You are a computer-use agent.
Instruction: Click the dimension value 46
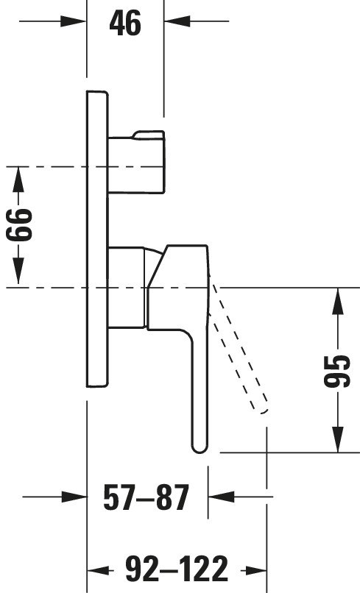pos(125,23)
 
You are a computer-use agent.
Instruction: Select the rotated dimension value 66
pos(19,224)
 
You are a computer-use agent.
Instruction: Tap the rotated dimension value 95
pos(337,371)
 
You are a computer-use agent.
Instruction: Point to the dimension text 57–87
pos(146,497)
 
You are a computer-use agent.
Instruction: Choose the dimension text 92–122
pos(177,569)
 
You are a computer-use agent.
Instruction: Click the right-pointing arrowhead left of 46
pos(74,21)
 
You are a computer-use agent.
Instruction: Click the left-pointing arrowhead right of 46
pos(177,21)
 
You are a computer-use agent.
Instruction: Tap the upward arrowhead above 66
pos(18,180)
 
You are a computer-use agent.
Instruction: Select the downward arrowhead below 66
pos(18,271)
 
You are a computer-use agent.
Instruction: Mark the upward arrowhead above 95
pos(338,301)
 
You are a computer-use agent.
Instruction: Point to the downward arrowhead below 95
pos(338,439)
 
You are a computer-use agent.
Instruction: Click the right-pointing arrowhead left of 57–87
pos(74,497)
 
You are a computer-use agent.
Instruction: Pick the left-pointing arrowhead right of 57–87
pos(222,497)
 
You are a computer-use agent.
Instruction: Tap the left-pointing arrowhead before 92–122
pos(100,570)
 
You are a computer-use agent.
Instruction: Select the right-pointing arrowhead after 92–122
pos(254,570)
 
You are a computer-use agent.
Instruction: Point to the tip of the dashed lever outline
pos(264,411)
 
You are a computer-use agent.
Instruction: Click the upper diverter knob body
pos(137,162)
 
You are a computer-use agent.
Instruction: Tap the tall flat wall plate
pos(97,238)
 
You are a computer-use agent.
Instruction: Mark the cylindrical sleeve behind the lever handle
pos(127,287)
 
